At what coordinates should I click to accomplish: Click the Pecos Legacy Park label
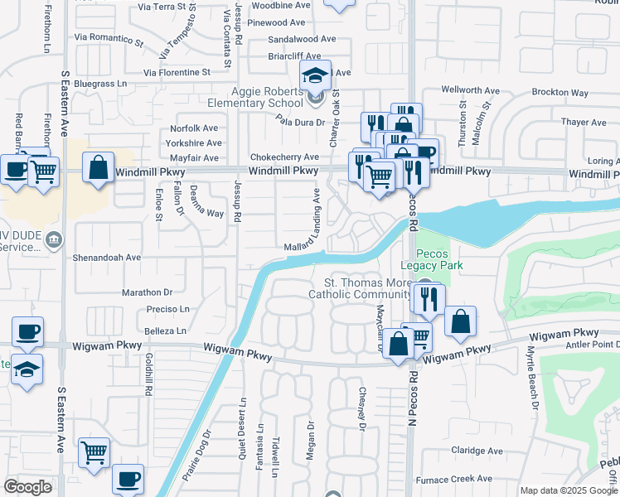pyautogui.click(x=430, y=259)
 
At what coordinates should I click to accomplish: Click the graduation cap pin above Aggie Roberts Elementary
pyautogui.click(x=315, y=76)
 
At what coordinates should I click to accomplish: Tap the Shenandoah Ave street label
pyautogui.click(x=107, y=258)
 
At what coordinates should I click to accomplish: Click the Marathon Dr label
pyautogui.click(x=147, y=292)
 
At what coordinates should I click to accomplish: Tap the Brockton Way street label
pyautogui.click(x=559, y=93)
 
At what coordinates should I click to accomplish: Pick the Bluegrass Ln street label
pyautogui.click(x=99, y=84)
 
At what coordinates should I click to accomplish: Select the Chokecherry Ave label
pyautogui.click(x=284, y=157)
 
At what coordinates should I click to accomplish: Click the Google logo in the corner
pyautogui.click(x=28, y=487)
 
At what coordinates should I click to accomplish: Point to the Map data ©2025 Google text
pyautogui.click(x=568, y=490)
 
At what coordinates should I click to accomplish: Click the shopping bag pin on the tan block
pyautogui.click(x=99, y=168)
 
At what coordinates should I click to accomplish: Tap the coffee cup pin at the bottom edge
pyautogui.click(x=128, y=479)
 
